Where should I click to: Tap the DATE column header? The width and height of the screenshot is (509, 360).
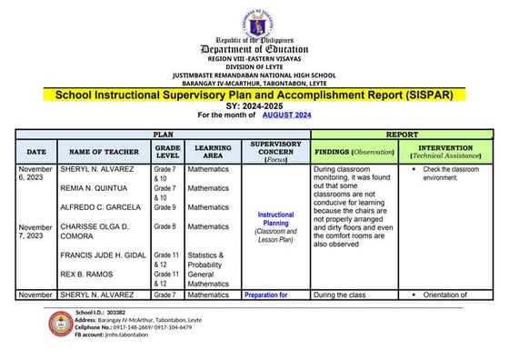coord(36,152)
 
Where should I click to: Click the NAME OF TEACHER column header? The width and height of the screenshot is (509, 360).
coord(104,152)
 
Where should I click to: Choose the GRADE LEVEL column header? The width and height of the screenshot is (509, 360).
coord(167,151)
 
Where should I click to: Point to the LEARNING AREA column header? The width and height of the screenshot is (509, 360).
coord(212,151)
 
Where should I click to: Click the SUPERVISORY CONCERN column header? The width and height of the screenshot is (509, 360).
coord(275,151)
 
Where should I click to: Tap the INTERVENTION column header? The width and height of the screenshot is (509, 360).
coord(445,151)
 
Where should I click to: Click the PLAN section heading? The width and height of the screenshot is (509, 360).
coord(163,133)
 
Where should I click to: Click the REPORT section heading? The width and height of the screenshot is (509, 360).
coord(401,133)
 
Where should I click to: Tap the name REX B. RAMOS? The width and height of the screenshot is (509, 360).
coord(87,275)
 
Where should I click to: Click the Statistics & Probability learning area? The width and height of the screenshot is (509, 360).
coord(211,260)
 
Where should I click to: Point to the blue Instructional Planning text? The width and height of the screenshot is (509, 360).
coord(275,220)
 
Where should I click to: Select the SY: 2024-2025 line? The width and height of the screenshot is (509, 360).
coord(254,105)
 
